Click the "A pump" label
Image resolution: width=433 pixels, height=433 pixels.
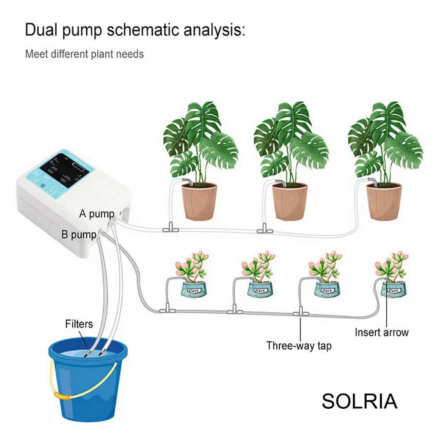[97, 213]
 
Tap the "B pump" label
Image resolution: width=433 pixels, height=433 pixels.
[81, 235]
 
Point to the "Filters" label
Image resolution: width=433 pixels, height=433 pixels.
[79, 323]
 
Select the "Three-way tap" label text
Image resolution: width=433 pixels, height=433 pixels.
[299, 346]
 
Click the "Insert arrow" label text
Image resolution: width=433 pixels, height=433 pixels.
[381, 333]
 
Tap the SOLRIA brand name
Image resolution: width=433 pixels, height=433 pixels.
[359, 401]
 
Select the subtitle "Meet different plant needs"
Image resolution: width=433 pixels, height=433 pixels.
[84, 54]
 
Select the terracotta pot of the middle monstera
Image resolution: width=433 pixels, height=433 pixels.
[290, 201]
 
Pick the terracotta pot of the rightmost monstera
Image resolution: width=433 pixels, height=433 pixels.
[384, 201]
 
